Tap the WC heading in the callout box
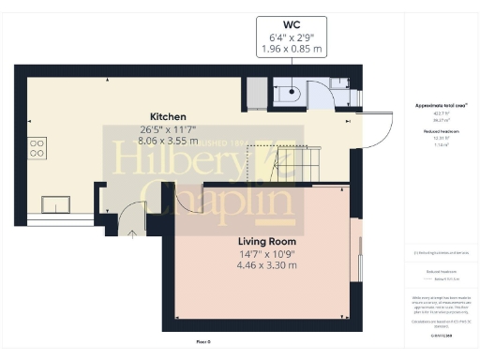pyautogui.click(x=292, y=25)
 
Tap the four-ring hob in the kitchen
pyautogui.click(x=38, y=147)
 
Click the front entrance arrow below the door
pyautogui.click(x=132, y=232)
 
